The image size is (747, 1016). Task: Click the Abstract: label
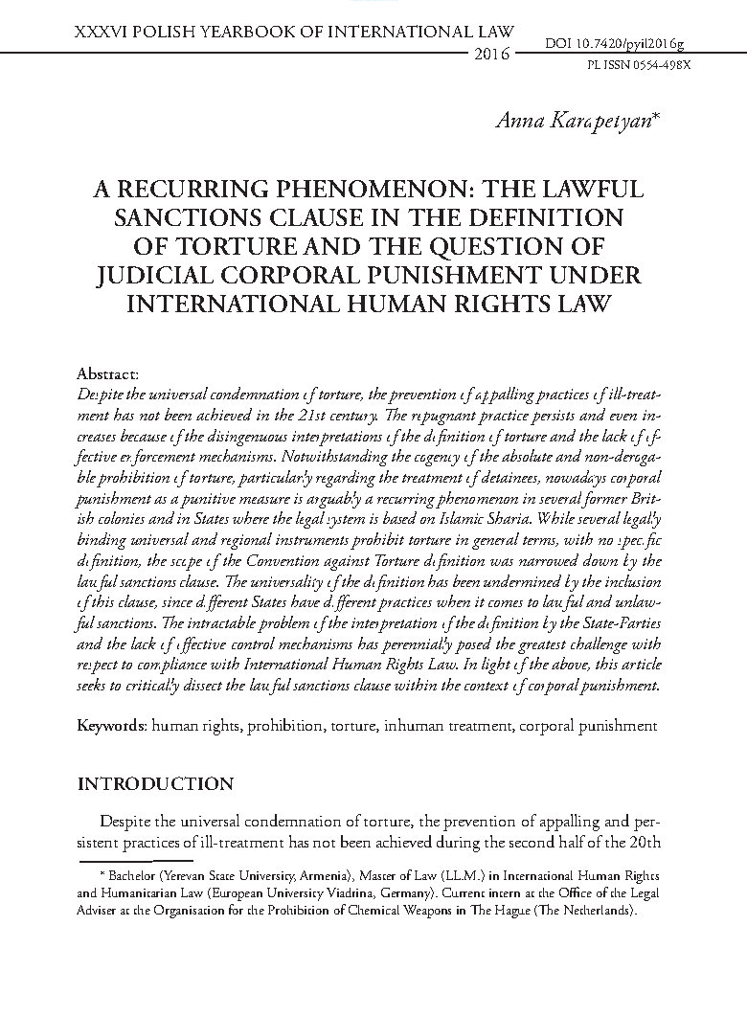click(108, 373)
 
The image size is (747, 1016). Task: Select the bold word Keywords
click(108, 725)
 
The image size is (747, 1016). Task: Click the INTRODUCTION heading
click(155, 784)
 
